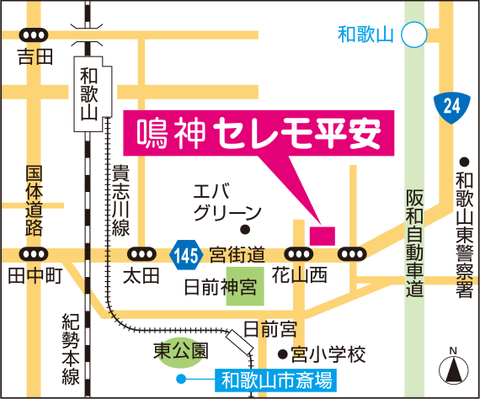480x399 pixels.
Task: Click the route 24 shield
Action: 451,105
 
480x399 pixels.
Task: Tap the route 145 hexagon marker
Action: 186,253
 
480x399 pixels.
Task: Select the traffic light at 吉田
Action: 35,36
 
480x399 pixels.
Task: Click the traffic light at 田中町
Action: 35,254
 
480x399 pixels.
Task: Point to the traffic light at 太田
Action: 141,254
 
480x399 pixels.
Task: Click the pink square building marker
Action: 322,233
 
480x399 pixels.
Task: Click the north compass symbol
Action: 452,368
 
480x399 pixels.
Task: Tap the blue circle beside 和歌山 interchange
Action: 413,35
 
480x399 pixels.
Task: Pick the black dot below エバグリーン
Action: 245,229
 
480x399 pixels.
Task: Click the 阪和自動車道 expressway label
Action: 413,240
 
